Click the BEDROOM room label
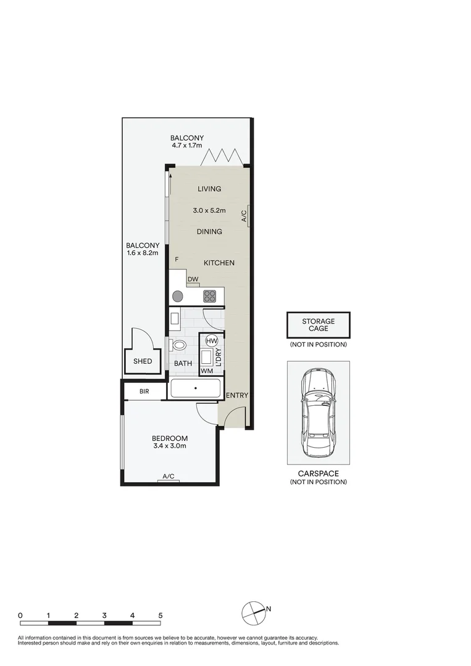tap(169, 438)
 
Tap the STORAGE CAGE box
tap(318, 325)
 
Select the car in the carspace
tap(318, 411)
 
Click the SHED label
tap(143, 361)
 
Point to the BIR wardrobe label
tap(144, 392)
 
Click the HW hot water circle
tap(211, 341)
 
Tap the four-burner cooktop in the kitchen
tap(210, 295)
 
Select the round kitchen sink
tap(178, 295)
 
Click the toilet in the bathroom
tap(180, 345)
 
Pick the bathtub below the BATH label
tap(195, 388)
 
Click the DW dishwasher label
tap(193, 279)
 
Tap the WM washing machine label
tap(207, 371)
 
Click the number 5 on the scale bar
tap(160, 615)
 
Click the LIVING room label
tap(209, 189)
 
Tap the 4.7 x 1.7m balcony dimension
tap(188, 146)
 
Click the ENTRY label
tap(237, 395)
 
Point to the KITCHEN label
tap(219, 263)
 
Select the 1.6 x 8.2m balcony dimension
tap(143, 252)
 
